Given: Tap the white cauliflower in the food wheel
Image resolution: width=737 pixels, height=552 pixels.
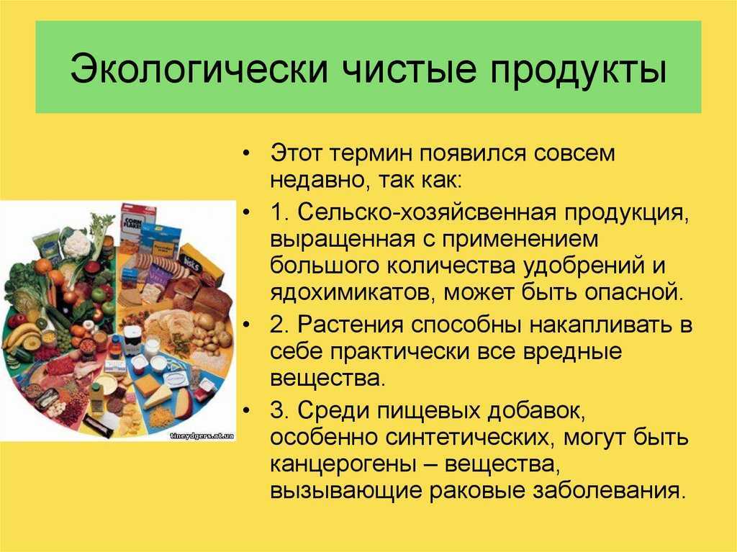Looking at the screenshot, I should [x=76, y=243].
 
